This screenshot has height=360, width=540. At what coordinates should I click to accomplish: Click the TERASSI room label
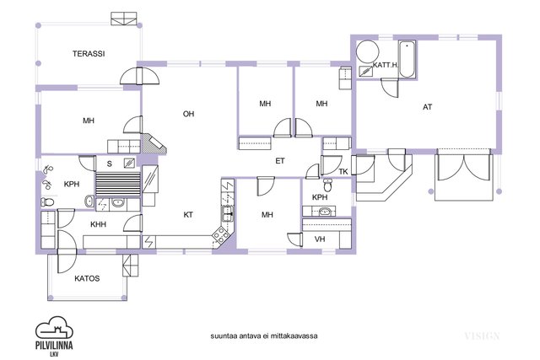point(88,54)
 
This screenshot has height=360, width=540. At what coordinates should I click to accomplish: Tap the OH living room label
point(190,113)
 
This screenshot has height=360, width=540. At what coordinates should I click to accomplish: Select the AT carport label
point(427,107)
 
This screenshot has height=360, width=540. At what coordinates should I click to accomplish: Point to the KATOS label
point(87,277)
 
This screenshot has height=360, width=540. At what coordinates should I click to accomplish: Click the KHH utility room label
point(100,224)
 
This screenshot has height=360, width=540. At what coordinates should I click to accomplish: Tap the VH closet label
point(320,239)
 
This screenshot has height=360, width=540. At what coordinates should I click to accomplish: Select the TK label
point(343,172)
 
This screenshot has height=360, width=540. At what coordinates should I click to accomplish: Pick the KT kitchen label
point(188,215)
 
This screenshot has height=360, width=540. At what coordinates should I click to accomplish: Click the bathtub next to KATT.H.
point(407,59)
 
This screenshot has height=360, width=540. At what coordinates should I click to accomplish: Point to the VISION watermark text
point(481,336)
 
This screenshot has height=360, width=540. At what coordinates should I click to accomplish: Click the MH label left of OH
point(89,121)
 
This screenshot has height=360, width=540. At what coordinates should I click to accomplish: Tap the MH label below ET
point(267,215)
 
